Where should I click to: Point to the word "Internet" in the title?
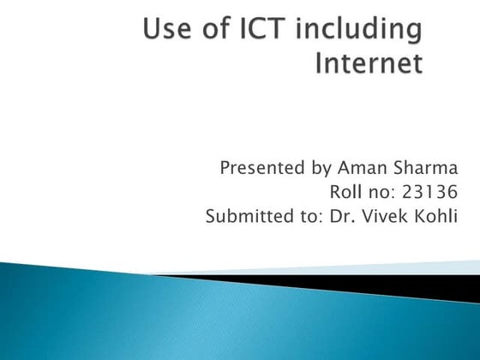[370, 64]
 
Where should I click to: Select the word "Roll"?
[345, 191]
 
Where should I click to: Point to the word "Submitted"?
[243, 215]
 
